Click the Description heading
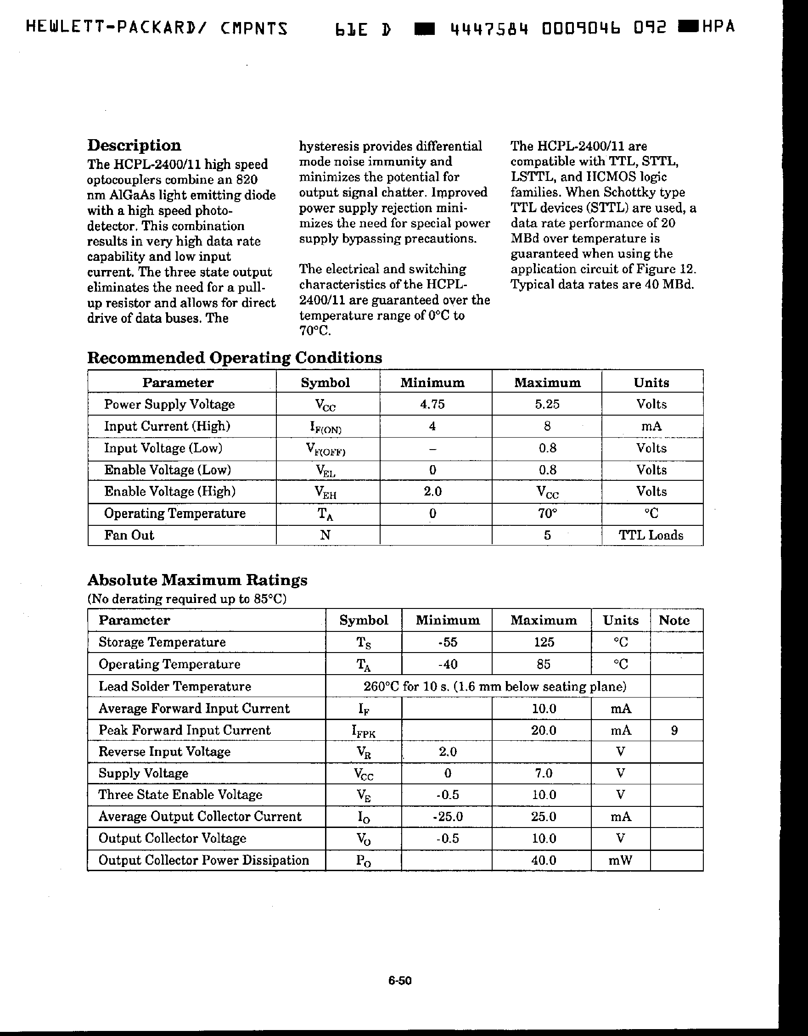[x=134, y=145]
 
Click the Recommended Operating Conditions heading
[x=235, y=357]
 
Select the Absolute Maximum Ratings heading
[x=197, y=580]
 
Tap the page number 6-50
[x=400, y=980]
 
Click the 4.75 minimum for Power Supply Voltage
[x=432, y=404]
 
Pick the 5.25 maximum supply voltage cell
[x=547, y=404]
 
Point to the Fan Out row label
[x=129, y=535]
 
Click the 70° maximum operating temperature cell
[x=547, y=513]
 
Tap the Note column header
[x=674, y=620]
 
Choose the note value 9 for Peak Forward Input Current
[x=674, y=730]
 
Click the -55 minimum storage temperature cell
[x=447, y=642]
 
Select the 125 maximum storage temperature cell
[x=544, y=642]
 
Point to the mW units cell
[x=621, y=860]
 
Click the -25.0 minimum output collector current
[x=447, y=816]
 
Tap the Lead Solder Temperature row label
[x=174, y=687]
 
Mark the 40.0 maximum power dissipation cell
[x=544, y=860]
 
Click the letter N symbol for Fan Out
[x=325, y=535]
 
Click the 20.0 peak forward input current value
[x=544, y=730]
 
